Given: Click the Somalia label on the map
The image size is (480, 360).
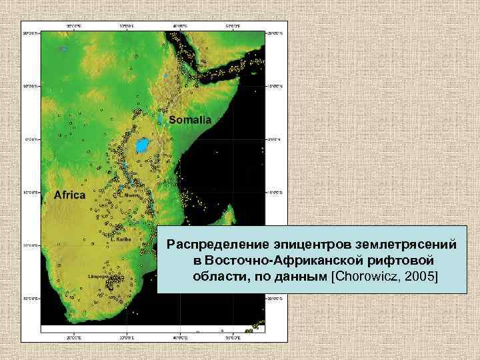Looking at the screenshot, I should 190,121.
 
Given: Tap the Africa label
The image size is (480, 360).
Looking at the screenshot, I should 69,195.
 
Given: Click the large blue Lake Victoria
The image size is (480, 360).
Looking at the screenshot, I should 142,145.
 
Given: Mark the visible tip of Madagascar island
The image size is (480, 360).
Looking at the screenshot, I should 229,213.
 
